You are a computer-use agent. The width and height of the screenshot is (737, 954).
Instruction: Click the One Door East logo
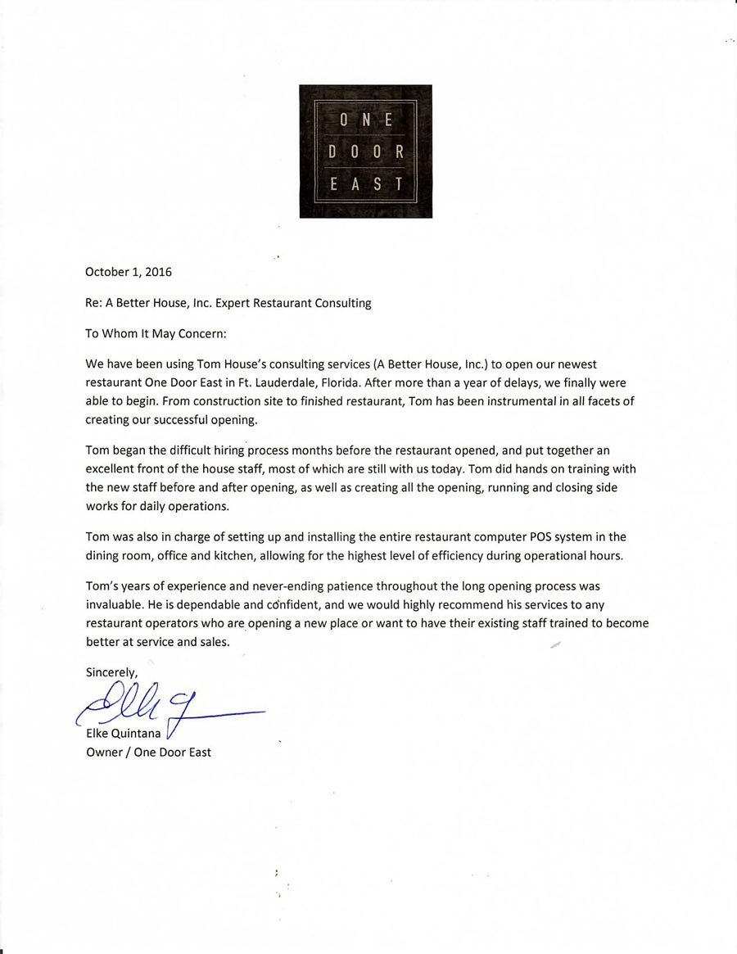click(x=365, y=151)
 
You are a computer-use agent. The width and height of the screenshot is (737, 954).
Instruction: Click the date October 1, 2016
click(x=129, y=272)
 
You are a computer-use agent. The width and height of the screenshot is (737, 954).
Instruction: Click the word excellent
click(x=113, y=469)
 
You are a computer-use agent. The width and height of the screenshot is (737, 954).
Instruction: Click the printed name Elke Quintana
click(x=124, y=733)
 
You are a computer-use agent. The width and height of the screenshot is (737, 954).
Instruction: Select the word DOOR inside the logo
click(x=365, y=151)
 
